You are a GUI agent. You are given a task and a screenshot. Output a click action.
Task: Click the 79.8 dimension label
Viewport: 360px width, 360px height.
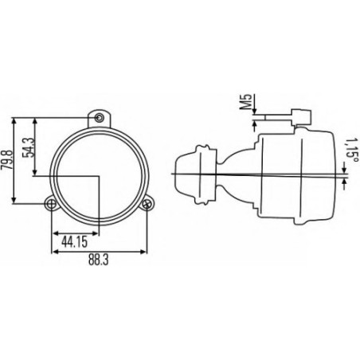(x=6, y=160)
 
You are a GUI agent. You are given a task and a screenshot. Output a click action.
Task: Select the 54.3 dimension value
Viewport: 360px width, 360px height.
(x=29, y=147)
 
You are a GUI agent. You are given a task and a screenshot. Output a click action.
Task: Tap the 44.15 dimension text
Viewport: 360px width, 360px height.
(x=75, y=242)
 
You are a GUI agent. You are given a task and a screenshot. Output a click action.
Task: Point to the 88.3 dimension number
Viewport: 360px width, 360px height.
(x=99, y=260)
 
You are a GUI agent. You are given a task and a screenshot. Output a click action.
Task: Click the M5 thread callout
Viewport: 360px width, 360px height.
(x=247, y=101)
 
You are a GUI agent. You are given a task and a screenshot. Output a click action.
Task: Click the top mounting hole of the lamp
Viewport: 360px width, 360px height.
(x=100, y=118)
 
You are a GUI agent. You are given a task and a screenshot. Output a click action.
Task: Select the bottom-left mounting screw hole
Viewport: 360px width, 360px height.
(x=51, y=204)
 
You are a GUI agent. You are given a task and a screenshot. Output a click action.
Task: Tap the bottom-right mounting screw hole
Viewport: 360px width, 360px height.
(x=147, y=204)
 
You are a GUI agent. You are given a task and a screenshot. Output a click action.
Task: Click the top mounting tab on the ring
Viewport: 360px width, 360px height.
(x=100, y=119)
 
